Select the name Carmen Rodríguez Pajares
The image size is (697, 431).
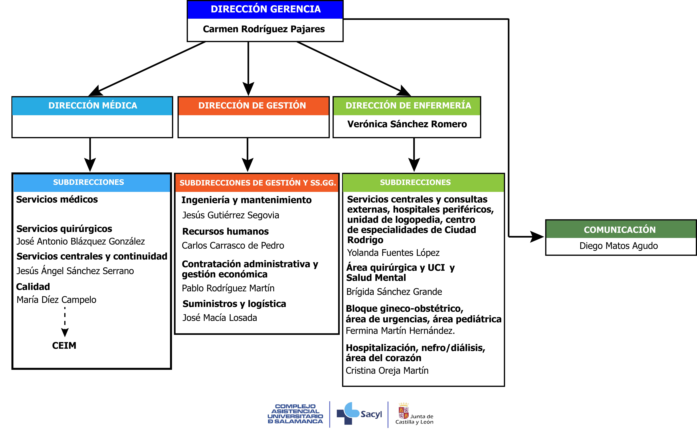264,29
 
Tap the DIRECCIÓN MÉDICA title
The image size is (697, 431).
93,105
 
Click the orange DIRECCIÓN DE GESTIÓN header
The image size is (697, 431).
252,105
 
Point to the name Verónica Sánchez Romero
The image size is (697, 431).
407,124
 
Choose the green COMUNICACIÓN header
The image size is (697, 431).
620,229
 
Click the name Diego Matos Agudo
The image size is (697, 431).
619,246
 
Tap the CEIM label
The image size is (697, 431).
64,345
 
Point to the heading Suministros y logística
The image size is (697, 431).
234,304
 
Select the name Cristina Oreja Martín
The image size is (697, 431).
387,371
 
